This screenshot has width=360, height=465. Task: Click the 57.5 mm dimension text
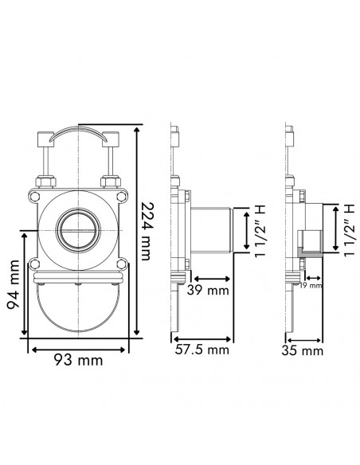202,349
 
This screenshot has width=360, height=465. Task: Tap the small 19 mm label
311,284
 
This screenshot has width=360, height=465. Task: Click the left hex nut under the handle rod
45,181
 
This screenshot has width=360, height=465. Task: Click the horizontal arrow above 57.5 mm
202,336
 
